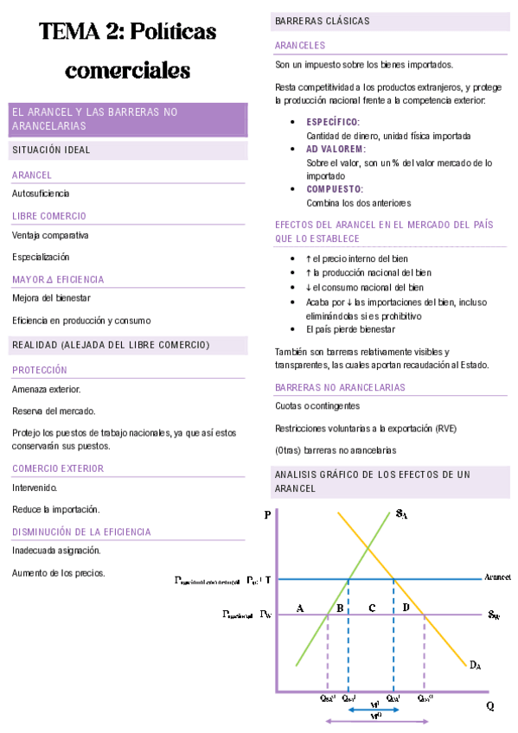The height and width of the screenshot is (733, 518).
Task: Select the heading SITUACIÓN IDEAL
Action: coord(51,150)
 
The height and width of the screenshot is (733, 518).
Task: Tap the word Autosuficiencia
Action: coord(41,193)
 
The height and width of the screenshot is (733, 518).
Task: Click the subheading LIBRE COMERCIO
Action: coord(49,215)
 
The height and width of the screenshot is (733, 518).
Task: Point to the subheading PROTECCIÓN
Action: coord(40,370)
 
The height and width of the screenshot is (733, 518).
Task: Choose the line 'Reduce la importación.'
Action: coord(56,509)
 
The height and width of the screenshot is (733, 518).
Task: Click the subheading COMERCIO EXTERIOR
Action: coord(58,468)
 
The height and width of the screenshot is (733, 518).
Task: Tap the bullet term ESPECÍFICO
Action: coord(333,122)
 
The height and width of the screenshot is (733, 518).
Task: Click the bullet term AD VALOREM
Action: coord(336,149)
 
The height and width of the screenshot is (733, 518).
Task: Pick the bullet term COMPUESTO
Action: coord(335,188)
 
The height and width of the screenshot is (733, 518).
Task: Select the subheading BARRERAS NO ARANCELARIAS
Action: coord(340,387)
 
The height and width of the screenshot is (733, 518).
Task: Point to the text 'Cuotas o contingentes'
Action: coord(317,405)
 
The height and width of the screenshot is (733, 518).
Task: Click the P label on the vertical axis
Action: coord(266,516)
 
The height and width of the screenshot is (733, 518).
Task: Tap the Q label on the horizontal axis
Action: coord(490,705)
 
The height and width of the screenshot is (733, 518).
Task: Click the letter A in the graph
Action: coord(300,608)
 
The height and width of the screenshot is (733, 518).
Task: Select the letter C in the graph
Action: coord(371,608)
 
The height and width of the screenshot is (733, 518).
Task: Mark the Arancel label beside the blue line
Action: coord(497,576)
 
